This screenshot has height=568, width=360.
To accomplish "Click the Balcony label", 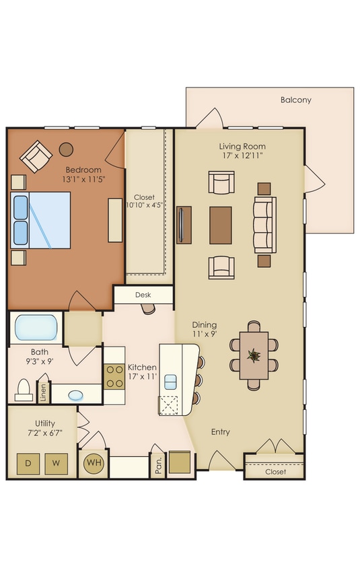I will tap(295, 100).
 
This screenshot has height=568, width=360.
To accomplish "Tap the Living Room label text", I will tap(242, 146).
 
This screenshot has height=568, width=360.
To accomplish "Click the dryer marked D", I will tap(28, 463).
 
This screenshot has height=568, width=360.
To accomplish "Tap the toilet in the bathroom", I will tap(24, 390).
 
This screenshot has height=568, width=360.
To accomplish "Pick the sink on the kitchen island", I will tap(170, 382).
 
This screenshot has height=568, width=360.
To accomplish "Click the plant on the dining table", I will tap(254, 355).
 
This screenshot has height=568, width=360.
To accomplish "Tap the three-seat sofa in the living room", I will tap(264, 224).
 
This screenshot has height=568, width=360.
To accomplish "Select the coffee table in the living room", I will tap(221, 225).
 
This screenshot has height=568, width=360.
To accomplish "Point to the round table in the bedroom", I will tap(66, 149).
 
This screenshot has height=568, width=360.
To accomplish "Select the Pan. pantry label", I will tap(158, 466).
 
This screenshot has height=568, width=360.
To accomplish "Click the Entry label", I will tap(220, 432).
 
